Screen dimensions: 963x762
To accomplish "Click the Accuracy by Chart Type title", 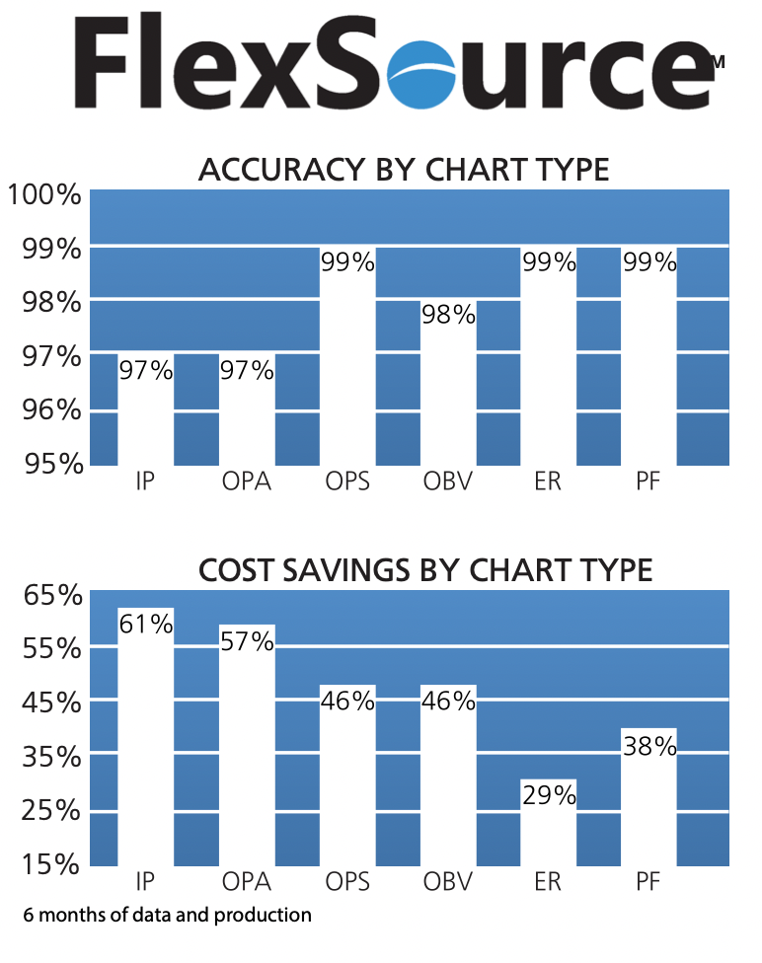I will click(404, 170).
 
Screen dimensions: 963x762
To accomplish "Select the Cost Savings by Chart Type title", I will click(425, 570).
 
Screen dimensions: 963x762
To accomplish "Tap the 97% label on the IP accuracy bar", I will click(146, 371).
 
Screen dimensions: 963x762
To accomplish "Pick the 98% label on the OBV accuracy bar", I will click(448, 316).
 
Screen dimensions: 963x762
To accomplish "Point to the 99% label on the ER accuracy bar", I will click(549, 262).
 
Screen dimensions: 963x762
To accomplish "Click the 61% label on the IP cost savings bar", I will click(146, 624).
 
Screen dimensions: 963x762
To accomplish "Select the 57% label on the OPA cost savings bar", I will click(247, 641).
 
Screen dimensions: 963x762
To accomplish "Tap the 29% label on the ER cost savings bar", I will click(549, 796).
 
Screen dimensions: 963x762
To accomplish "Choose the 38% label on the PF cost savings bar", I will click(649, 747).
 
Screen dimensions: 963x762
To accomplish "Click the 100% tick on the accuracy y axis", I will click(43, 194).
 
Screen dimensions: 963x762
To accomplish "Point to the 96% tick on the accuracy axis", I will click(50, 408).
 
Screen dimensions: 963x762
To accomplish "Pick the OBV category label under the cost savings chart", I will click(448, 881).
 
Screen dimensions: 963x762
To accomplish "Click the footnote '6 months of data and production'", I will click(163, 916).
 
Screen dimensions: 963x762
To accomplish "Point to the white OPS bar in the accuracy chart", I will click(347, 375).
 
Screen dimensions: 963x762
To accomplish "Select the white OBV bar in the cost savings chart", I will click(448, 789).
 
